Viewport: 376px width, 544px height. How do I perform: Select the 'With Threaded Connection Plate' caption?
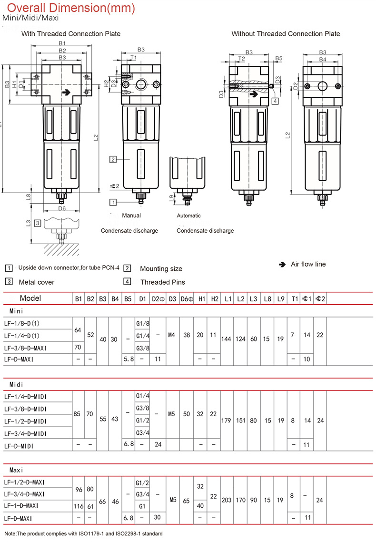click(x=71, y=34)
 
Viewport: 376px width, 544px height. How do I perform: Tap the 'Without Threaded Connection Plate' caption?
click(x=286, y=34)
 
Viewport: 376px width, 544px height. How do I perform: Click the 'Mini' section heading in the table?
click(x=16, y=311)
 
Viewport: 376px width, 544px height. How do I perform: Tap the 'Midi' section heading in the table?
click(x=16, y=384)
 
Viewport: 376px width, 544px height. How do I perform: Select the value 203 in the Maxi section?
click(x=228, y=500)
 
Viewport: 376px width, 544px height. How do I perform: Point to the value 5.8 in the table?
click(x=128, y=358)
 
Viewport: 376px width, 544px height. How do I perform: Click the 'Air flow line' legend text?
click(x=308, y=264)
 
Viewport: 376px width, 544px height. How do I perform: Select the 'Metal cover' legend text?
click(x=37, y=282)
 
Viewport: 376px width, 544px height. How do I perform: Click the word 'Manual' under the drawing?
click(x=131, y=216)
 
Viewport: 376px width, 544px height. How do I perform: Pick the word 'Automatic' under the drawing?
click(x=189, y=216)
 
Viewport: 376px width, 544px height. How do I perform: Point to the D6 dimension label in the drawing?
click(x=62, y=208)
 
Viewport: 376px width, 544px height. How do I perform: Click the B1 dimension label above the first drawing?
click(x=62, y=43)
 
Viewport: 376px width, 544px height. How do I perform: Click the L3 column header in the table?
click(x=254, y=299)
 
